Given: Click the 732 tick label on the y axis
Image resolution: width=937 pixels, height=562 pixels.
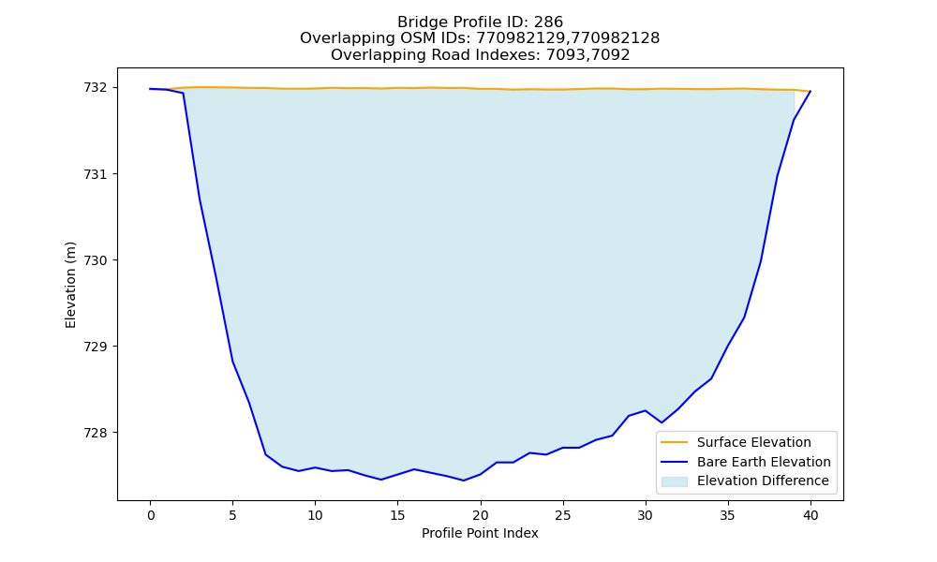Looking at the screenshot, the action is tap(96, 88).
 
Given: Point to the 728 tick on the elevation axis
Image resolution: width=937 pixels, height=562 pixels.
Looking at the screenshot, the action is tap(96, 433).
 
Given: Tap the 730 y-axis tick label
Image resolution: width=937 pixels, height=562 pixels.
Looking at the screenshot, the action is tap(96, 260).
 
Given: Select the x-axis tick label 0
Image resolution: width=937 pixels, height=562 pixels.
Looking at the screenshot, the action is tap(151, 515).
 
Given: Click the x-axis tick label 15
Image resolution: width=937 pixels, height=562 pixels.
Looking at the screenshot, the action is tap(397, 515).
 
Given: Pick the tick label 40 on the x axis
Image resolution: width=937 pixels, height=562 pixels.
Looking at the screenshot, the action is tap(811, 515).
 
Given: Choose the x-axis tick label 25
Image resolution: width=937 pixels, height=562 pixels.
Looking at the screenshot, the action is tap(563, 515).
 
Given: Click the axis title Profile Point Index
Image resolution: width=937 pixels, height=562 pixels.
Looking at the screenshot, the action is tap(480, 533).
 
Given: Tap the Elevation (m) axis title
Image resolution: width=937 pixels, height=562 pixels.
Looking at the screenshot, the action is tap(70, 285).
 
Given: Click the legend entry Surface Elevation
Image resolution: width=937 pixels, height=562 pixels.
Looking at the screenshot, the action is tap(753, 442).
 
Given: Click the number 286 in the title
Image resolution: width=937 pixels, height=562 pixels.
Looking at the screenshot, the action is tap(548, 22).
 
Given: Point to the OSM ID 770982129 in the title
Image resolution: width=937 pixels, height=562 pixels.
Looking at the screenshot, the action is tap(520, 38).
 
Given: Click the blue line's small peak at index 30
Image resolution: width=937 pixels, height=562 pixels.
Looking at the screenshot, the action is tap(646, 410).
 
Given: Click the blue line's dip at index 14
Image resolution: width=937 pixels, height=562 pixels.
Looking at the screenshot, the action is tap(381, 480).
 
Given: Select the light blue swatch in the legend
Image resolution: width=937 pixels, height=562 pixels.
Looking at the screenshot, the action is tap(674, 481).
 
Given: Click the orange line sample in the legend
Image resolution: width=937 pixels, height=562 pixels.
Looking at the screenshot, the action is tap(674, 442).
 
